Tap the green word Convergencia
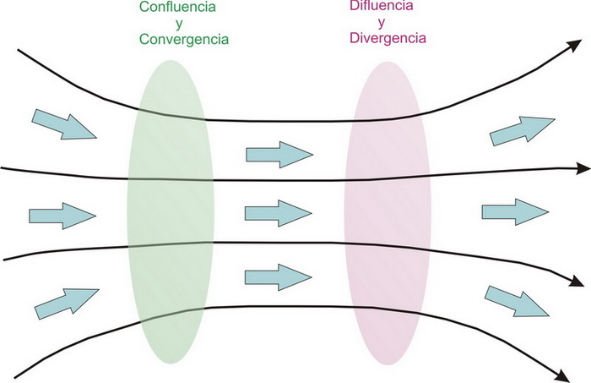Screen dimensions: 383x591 click(x=184, y=39)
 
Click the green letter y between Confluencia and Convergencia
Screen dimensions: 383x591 click(x=180, y=24)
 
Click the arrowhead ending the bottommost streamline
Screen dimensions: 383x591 click(x=559, y=371)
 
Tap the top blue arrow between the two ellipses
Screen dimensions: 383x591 click(x=279, y=154)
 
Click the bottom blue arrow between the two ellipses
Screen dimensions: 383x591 click(x=279, y=276)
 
